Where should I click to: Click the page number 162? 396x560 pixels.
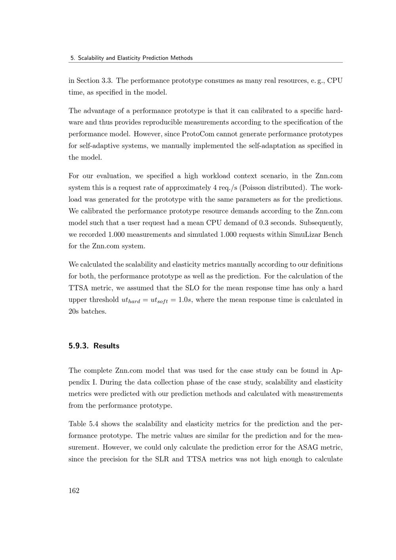[x=74, y=491]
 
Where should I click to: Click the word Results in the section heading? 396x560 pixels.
[x=106, y=346]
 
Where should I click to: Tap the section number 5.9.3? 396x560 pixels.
[x=79, y=346]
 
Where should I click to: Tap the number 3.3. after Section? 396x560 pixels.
[x=107, y=80]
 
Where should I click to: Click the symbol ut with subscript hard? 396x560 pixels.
[x=129, y=300]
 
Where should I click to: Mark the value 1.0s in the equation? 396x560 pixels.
[x=185, y=300]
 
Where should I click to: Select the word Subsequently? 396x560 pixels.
[x=321, y=223]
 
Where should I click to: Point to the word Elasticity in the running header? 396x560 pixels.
[x=127, y=58]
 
